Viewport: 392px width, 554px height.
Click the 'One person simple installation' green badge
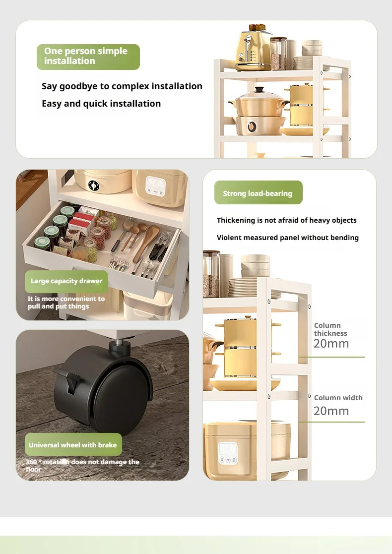coord(88,57)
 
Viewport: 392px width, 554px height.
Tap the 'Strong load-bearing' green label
coord(259,192)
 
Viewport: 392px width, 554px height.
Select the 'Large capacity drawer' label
coord(66,281)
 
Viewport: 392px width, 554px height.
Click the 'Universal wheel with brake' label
coord(73,444)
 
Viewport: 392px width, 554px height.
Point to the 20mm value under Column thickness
coord(331,343)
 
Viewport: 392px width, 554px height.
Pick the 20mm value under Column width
coord(331,411)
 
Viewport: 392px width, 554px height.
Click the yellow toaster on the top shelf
coord(253,50)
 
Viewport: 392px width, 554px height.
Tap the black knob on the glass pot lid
coord(260,90)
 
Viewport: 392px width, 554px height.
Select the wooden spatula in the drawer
coord(147,242)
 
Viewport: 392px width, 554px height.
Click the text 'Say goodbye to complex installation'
coord(122,86)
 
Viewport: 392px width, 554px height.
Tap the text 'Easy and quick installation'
coord(101,104)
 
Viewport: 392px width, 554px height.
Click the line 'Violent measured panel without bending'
coord(288,238)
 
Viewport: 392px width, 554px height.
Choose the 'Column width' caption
coord(338,398)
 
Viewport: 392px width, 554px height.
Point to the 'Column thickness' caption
coord(330,329)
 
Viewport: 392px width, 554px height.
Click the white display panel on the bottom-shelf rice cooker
coord(228,453)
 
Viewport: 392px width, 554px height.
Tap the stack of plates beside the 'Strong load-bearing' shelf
coord(243,287)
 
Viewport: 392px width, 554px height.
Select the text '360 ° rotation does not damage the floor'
coord(82,465)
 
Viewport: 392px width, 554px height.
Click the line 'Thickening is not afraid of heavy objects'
coord(287,221)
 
